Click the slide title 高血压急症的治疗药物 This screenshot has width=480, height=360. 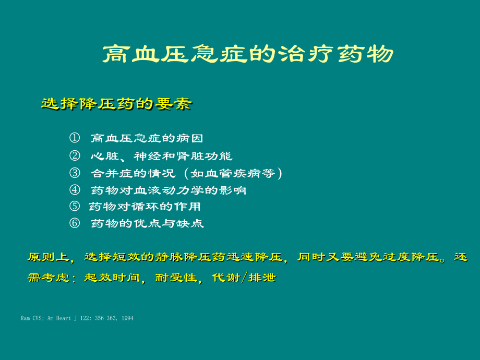tap(248, 54)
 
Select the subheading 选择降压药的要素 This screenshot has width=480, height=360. tap(117, 104)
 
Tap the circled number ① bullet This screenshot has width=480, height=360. tap(75, 138)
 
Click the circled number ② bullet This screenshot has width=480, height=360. tap(75, 156)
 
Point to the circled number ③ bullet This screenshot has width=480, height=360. tap(75, 173)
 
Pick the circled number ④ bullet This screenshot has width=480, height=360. tap(75, 190)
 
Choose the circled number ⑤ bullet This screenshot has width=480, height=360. tap(75, 206)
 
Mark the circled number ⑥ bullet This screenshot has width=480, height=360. tap(75, 223)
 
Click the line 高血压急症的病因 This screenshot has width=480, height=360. tap(147, 138)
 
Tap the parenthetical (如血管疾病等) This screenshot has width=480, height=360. tap(233, 173)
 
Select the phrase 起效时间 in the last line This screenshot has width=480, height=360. tap(112, 278)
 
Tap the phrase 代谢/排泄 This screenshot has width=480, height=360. tap(244, 278)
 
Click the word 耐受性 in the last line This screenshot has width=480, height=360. tap(176, 278)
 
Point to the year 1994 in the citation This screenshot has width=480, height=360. tap(127, 318)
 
